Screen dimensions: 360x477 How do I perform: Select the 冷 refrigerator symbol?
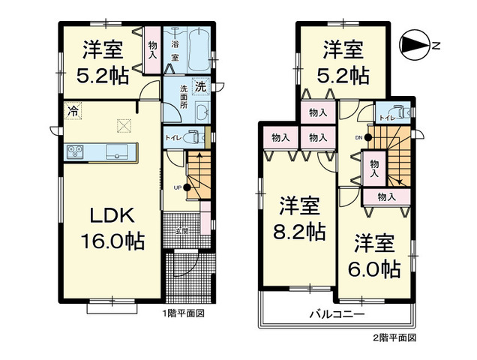pos(73,110)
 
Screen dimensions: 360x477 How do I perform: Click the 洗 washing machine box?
pos(200,86)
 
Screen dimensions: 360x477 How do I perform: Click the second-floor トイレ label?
pos(385,118)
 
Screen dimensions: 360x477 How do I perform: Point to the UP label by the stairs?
pos(178,187)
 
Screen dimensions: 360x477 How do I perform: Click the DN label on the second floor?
pos(358,137)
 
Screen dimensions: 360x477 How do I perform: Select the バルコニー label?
pos(335,313)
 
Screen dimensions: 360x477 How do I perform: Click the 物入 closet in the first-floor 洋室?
pos(152,49)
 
